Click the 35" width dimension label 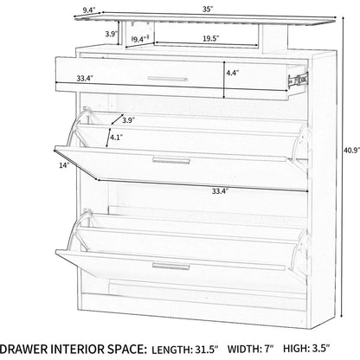tap(208, 10)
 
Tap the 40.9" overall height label tap(352, 150)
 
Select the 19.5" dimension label tap(210, 38)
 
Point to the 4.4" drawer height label tap(233, 73)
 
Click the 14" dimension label tap(64, 165)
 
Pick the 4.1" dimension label tap(117, 138)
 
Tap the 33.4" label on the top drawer tap(85, 78)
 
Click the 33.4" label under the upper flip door tap(221, 190)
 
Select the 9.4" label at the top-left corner tap(89, 10)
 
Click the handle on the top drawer tap(168, 79)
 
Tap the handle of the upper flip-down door tap(171, 160)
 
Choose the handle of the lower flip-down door tap(171, 267)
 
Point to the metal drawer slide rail tap(298, 80)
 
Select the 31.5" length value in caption tap(205, 350)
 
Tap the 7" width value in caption tap(268, 349)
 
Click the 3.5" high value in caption tap(321, 349)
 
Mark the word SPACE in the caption tap(125, 349)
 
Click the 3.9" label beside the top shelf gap tap(111, 34)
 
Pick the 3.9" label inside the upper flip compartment tap(128, 120)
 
